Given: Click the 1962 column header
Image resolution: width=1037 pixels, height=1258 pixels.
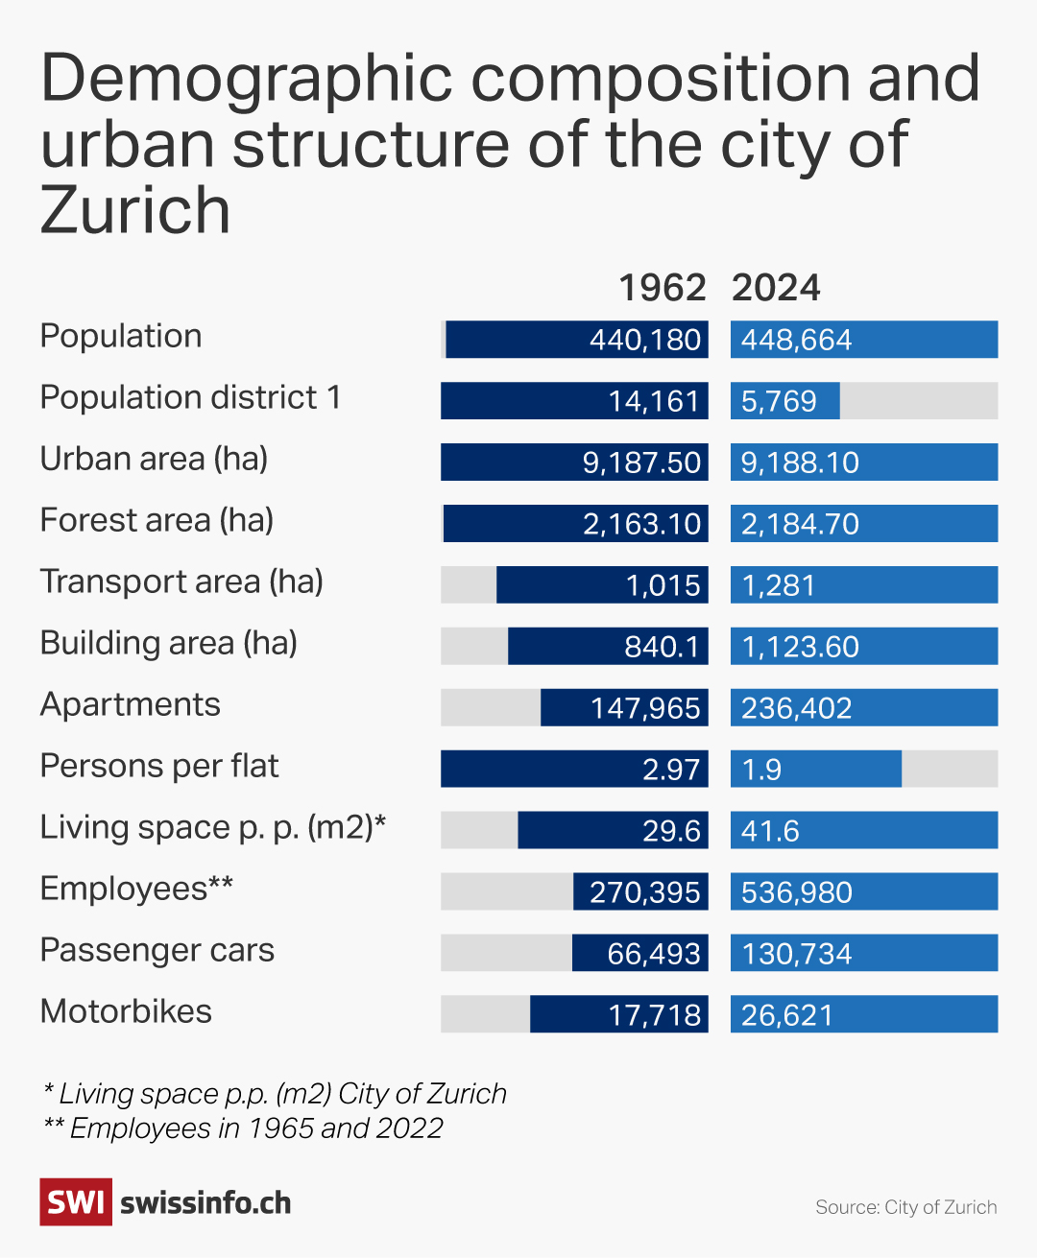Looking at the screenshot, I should tap(662, 288).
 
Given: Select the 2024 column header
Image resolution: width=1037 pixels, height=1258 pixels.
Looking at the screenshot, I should tap(776, 288).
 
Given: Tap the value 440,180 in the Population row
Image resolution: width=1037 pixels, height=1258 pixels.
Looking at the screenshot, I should tap(645, 340).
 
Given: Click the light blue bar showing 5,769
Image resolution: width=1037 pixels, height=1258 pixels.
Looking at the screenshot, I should tap(784, 401).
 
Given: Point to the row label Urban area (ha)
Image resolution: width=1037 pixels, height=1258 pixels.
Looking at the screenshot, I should tap(154, 459).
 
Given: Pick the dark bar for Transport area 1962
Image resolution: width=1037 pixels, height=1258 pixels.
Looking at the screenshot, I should tap(602, 585).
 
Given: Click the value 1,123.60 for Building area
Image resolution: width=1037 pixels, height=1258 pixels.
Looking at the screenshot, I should tap(800, 647).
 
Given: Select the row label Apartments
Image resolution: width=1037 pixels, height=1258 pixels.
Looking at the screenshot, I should tap(130, 704).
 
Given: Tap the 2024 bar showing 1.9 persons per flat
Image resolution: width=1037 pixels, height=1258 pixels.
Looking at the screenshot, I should tap(815, 770).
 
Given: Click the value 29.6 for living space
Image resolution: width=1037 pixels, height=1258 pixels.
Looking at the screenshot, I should tap(671, 831).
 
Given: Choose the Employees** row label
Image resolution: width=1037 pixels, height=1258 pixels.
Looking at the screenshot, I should tap(136, 889).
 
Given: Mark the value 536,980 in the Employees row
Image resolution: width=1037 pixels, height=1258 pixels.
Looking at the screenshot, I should tap(797, 892).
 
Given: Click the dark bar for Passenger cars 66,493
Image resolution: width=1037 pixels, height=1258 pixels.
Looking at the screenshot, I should tap(639, 954).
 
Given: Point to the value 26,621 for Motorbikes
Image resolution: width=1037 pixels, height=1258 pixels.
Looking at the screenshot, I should tap(787, 1015).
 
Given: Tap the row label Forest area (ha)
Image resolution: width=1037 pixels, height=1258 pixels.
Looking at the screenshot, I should tap(157, 520).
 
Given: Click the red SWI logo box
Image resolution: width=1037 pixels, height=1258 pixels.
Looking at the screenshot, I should tap(75, 1202).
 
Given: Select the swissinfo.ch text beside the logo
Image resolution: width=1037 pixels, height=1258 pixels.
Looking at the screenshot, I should tap(205, 1203).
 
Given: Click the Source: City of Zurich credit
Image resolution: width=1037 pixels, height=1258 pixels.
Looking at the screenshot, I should tap(905, 1207).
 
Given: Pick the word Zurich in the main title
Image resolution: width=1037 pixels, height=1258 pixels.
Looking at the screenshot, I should tap(135, 210).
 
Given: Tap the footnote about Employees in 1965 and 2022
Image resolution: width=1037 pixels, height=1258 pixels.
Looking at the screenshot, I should tap(244, 1128).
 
